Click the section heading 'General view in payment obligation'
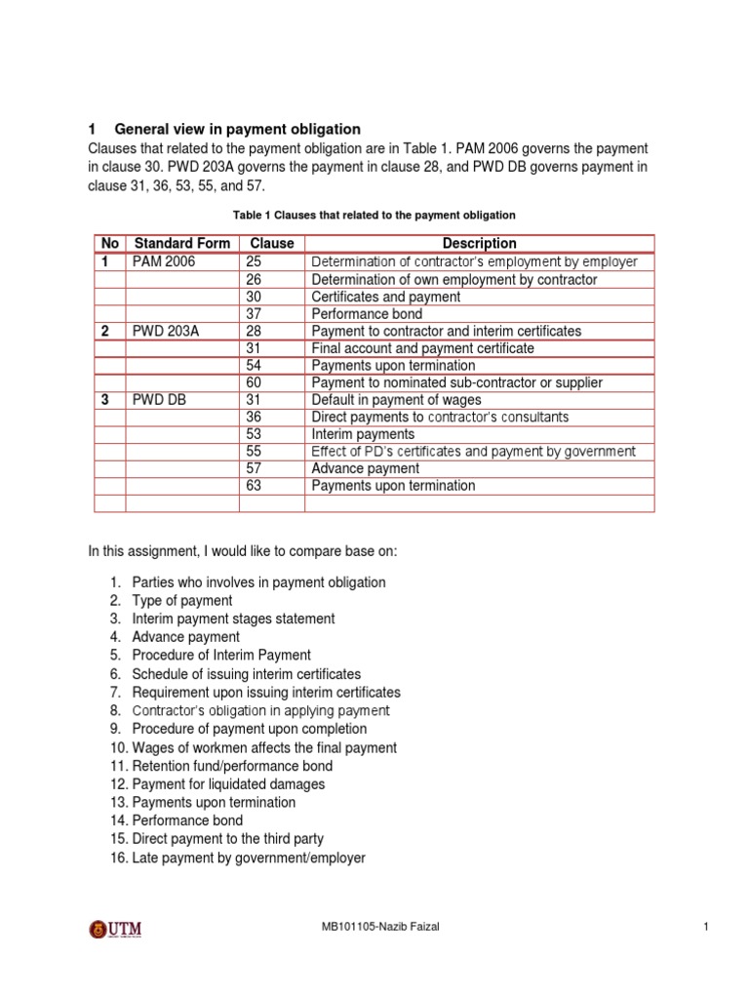(238, 129)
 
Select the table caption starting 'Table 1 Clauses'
(374, 215)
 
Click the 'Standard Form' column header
(182, 243)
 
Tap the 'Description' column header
(479, 243)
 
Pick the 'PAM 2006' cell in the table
(164, 261)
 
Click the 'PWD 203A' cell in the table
(165, 331)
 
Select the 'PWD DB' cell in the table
(158, 400)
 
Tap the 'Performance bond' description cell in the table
(367, 314)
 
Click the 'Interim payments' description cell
(363, 434)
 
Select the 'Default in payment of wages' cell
(395, 400)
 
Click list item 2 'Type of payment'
(181, 601)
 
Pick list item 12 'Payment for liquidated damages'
(228, 784)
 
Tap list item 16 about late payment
(249, 858)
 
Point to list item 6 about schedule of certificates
(246, 674)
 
